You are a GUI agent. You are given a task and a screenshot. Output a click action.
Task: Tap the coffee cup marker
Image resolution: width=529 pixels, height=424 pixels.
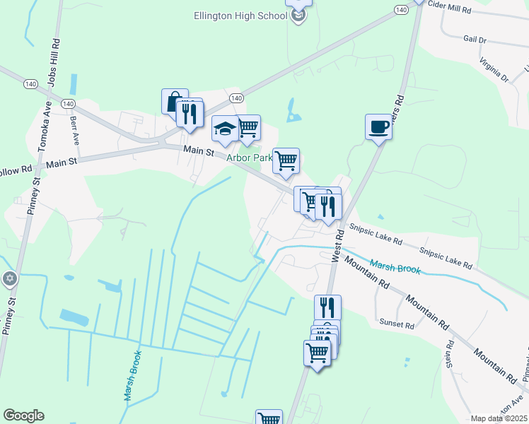pyautogui.click(x=378, y=128)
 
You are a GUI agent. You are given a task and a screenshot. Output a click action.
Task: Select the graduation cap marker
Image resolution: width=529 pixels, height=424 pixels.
pyautogui.click(x=225, y=129)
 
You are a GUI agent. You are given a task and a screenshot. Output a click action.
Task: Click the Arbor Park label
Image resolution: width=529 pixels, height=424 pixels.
pyautogui.click(x=249, y=158)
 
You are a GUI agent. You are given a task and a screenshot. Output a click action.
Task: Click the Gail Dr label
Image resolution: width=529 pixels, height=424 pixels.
pyautogui.click(x=475, y=40)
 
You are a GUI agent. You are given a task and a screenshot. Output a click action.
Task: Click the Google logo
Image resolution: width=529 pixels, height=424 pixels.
pyautogui.click(x=23, y=416)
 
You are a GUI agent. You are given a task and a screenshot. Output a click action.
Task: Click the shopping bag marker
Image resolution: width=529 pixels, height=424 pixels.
pyautogui.click(x=174, y=102)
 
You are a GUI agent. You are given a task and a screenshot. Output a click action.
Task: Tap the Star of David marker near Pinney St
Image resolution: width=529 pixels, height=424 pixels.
pyautogui.click(x=9, y=278)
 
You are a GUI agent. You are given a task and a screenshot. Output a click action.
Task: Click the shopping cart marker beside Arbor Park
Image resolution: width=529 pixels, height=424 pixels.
pyautogui.click(x=286, y=161)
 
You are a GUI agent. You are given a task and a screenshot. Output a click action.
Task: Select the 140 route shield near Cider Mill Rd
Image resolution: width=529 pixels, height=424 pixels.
pyautogui.click(x=401, y=10)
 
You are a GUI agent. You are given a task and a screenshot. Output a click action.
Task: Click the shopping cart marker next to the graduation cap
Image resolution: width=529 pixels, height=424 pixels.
pyautogui.click(x=248, y=128)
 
